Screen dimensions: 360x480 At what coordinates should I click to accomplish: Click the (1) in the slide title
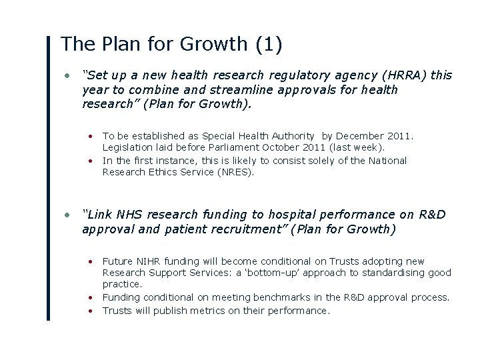[x=268, y=45]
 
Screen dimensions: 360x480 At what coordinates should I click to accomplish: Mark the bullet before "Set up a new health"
[x=67, y=75]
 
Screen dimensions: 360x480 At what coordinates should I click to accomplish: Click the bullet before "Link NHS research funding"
[x=67, y=215]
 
